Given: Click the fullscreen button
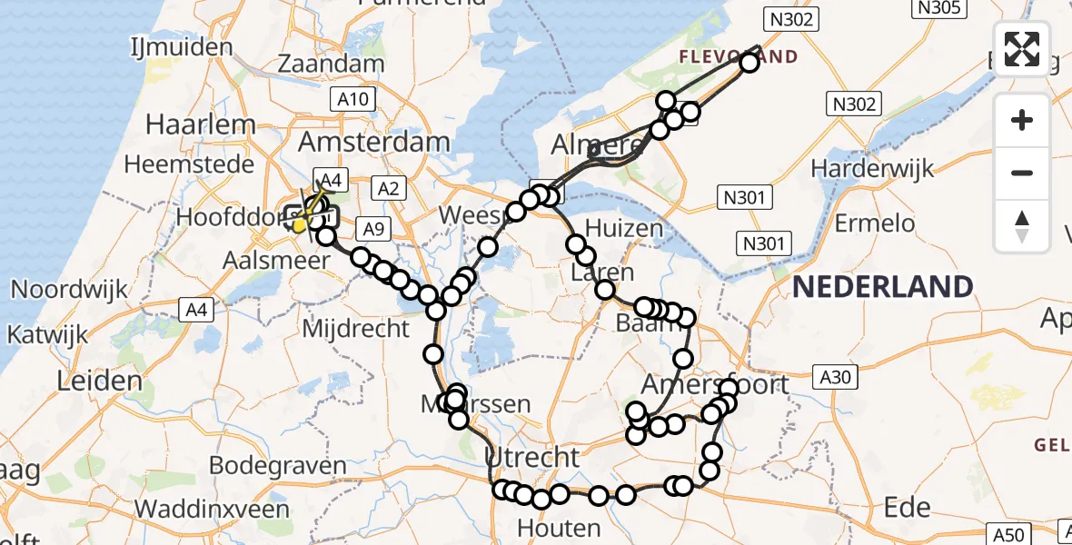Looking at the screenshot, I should click(1022, 48).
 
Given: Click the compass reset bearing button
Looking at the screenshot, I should click(1022, 226).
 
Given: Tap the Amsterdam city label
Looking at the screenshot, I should click(374, 143).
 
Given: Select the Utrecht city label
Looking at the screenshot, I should click(531, 456).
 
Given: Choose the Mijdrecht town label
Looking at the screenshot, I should click(355, 328).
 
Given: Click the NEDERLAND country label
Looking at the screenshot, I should click(882, 287).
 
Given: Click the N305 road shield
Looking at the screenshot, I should click(938, 8).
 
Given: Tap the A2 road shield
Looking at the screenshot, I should click(388, 188).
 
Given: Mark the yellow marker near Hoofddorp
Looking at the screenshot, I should click(299, 224).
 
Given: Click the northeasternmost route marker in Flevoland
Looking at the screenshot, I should click(749, 63).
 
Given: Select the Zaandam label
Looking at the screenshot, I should click(331, 64).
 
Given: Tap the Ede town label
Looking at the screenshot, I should click(907, 507).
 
